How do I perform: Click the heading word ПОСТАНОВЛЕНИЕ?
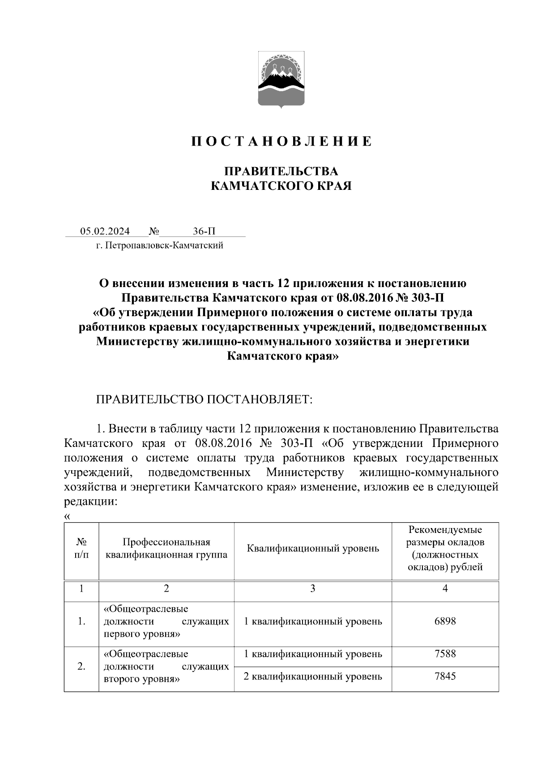click(x=282, y=142)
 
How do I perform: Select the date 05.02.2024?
click(x=105, y=231)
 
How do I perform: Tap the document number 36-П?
click(x=204, y=231)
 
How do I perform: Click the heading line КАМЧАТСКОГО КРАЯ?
click(x=281, y=185)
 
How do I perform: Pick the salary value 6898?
click(x=445, y=621)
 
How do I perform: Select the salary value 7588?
click(x=445, y=653)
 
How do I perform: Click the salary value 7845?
click(x=445, y=676)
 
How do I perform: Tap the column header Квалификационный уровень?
click(x=313, y=548)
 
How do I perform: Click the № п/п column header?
click(x=81, y=548)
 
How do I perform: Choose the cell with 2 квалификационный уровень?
click(x=313, y=676)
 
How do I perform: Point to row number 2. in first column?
click(x=81, y=666)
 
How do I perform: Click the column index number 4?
click(x=445, y=588)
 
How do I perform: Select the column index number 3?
click(x=313, y=588)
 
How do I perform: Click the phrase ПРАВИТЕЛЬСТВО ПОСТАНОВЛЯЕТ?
click(x=204, y=399)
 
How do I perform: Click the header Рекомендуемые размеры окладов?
click(x=445, y=548)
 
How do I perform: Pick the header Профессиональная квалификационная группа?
click(x=166, y=548)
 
